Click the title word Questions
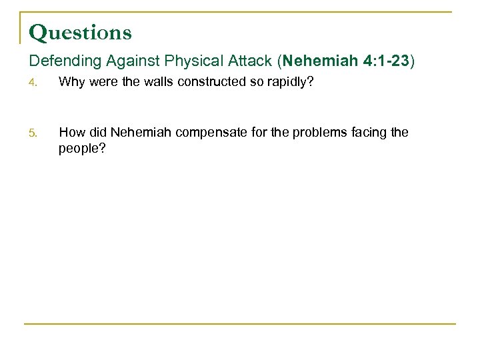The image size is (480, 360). pyautogui.click(x=81, y=33)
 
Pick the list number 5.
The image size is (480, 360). pyautogui.click(x=33, y=133)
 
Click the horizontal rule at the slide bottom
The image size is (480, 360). pyautogui.click(x=240, y=324)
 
